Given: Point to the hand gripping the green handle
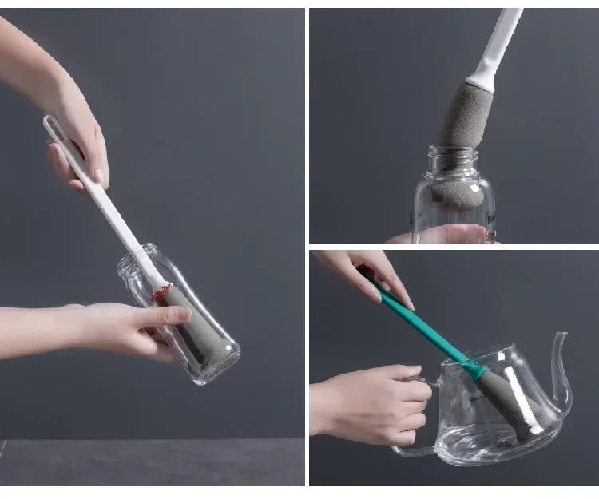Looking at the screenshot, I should click(375, 275).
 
